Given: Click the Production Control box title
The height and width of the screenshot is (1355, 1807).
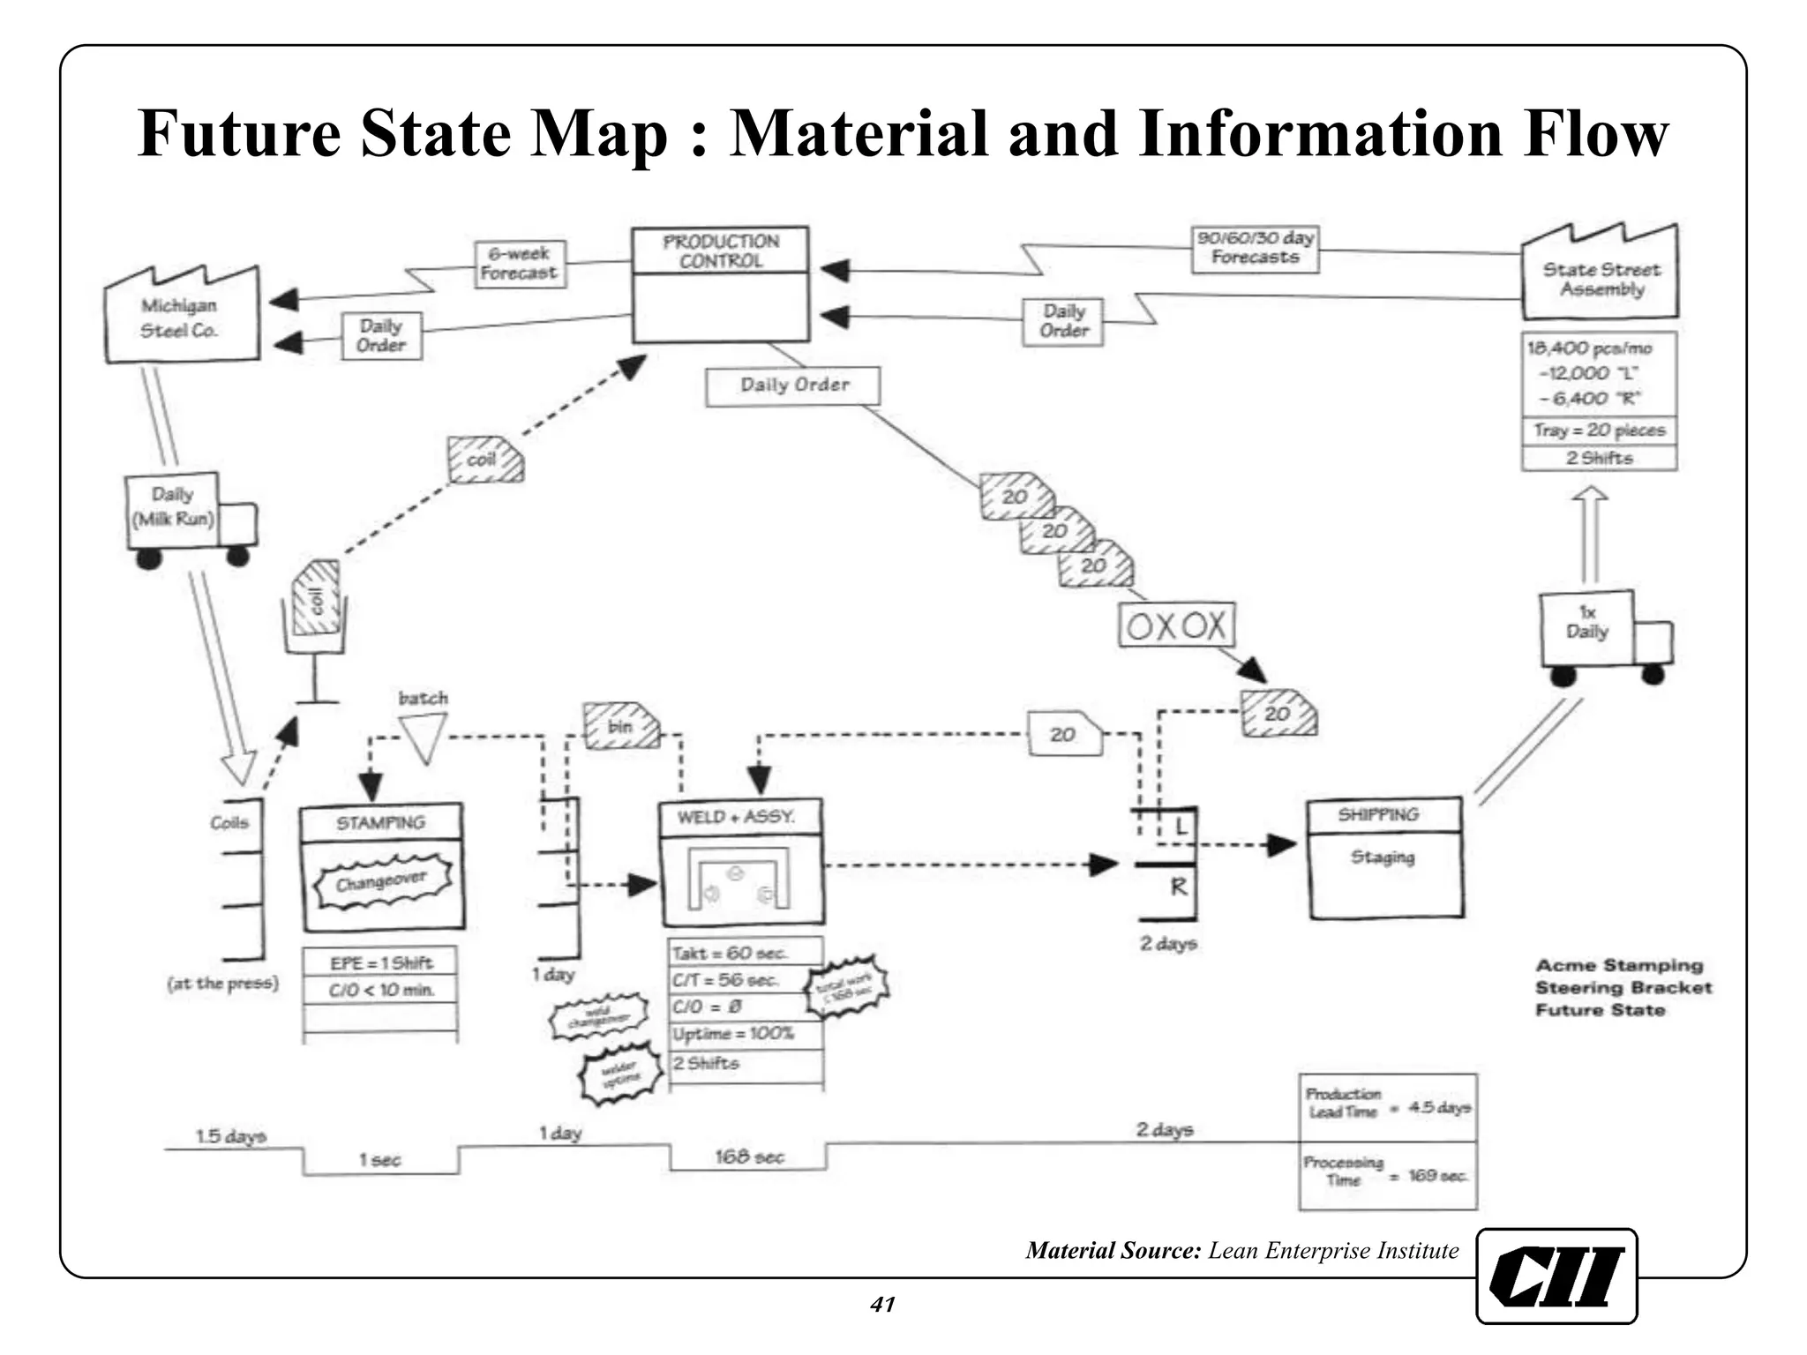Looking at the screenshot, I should point(721,251).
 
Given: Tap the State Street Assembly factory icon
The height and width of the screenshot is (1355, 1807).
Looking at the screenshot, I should point(1600,274).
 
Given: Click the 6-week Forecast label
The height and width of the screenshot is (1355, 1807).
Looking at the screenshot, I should point(520,264).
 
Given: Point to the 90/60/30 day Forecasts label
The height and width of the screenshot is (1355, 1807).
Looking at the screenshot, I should point(1255,248).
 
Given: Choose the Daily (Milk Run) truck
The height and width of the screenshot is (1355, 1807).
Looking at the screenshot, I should point(187,518).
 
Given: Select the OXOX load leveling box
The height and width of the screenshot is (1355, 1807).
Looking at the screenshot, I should point(1176,626).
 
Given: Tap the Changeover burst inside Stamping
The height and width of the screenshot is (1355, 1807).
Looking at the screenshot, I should point(382,880).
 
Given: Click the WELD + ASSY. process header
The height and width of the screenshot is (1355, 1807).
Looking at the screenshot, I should point(740,817).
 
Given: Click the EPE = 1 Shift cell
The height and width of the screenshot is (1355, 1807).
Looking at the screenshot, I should point(381,962).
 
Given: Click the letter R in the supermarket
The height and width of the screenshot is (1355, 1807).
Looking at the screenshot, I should point(1178,887).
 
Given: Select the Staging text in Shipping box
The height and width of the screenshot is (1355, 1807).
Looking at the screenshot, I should point(1383,857).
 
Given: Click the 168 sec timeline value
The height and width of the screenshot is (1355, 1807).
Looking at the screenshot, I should point(749,1157).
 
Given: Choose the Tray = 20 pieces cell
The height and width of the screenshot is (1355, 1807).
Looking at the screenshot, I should point(1599,430).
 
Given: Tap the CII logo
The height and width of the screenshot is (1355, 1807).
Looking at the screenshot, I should point(1556,1276).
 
